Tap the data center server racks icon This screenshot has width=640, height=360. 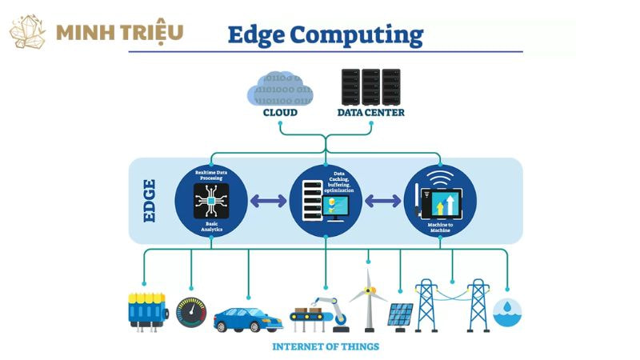pyautogui.click(x=370, y=87)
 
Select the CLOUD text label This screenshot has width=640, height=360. pyautogui.click(x=280, y=113)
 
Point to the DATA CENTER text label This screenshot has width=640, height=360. pyautogui.click(x=369, y=113)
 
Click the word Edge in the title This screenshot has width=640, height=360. pyautogui.click(x=254, y=35)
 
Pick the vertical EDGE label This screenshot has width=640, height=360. pyautogui.click(x=148, y=200)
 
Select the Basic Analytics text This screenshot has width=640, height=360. pyautogui.click(x=211, y=226)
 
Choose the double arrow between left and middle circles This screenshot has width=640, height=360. pyautogui.click(x=268, y=200)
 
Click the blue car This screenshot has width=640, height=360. pyautogui.click(x=248, y=318)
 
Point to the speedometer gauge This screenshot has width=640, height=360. pyautogui.click(x=191, y=312)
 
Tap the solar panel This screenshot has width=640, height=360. pyautogui.click(x=401, y=316)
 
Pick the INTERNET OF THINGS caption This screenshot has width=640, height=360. pyautogui.click(x=326, y=346)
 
